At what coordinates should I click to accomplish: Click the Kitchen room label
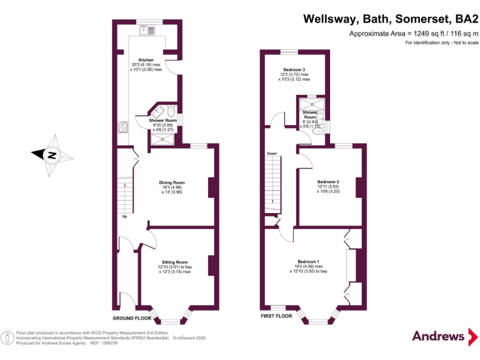(x=146, y=60)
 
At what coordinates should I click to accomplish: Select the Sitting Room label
(x=174, y=262)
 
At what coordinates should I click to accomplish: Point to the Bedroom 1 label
(x=308, y=261)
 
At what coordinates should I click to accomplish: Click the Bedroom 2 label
(x=328, y=181)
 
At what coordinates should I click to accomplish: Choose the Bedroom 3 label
(x=294, y=69)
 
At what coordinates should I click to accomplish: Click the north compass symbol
(x=52, y=154)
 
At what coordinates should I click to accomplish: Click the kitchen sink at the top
(x=148, y=29)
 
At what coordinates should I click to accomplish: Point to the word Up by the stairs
(x=124, y=217)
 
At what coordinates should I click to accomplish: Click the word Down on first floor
(x=272, y=153)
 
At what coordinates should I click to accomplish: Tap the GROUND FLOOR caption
(x=132, y=317)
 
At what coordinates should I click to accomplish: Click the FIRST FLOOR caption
(x=276, y=316)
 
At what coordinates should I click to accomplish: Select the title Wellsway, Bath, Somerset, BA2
(x=391, y=19)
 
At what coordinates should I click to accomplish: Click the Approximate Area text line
(x=413, y=34)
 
